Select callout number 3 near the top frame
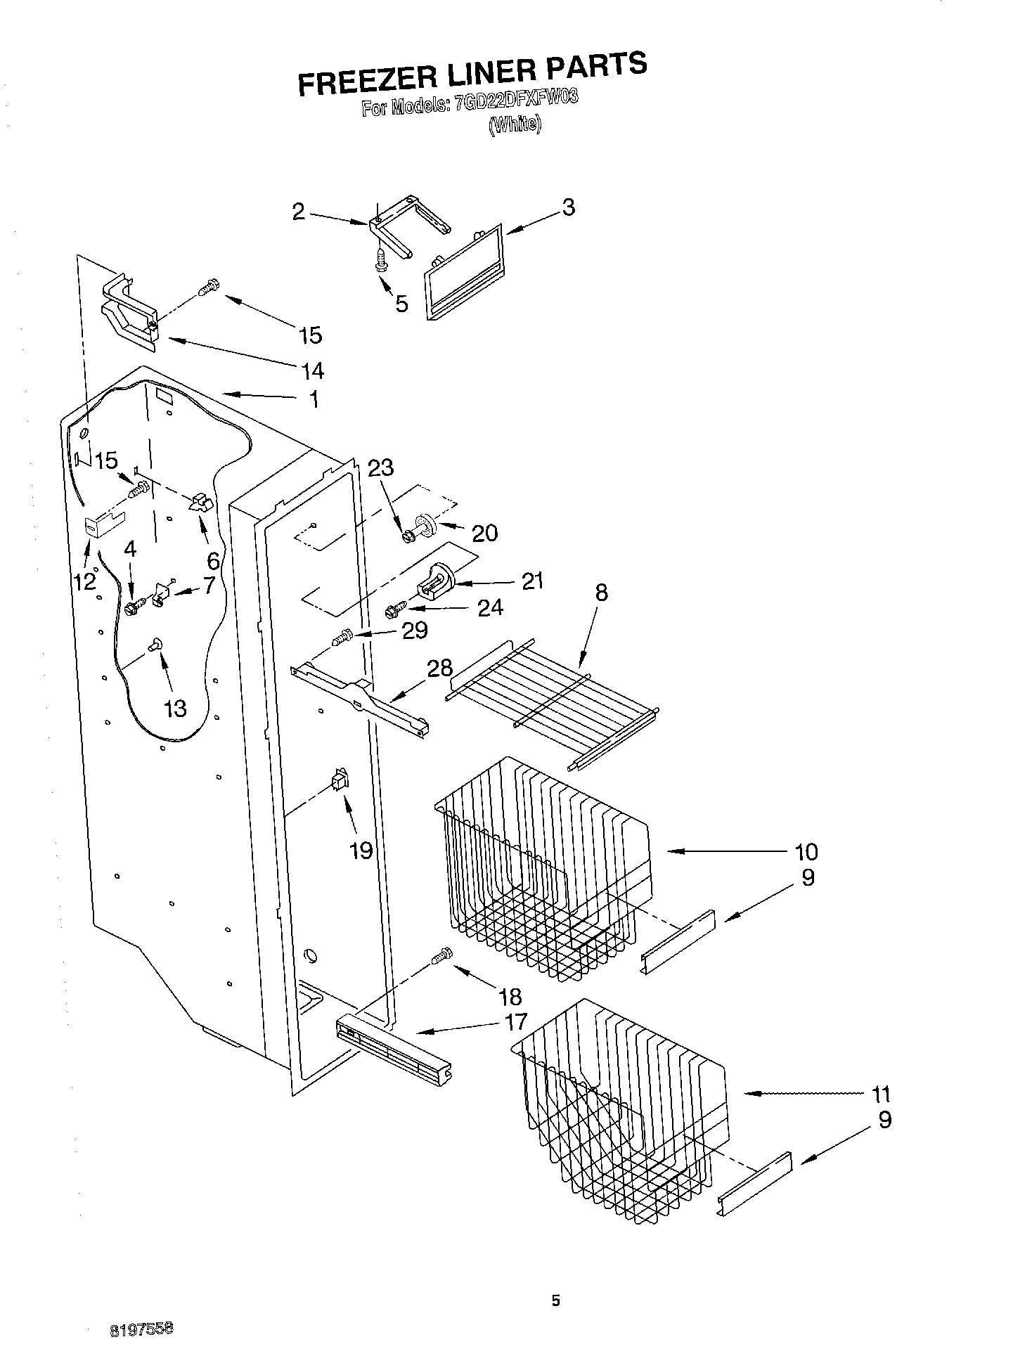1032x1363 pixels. [x=568, y=207]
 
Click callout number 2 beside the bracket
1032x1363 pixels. [x=299, y=212]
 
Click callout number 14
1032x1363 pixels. [x=312, y=370]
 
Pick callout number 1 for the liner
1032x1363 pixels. [x=314, y=400]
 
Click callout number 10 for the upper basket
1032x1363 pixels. [x=806, y=852]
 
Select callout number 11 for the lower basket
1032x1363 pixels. [x=880, y=1094]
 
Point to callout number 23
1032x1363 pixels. [x=381, y=467]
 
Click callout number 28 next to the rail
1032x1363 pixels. [x=440, y=668]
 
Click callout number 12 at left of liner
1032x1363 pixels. [x=85, y=581]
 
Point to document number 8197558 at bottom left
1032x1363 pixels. [x=141, y=1329]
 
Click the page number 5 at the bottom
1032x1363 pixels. [x=555, y=1301]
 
